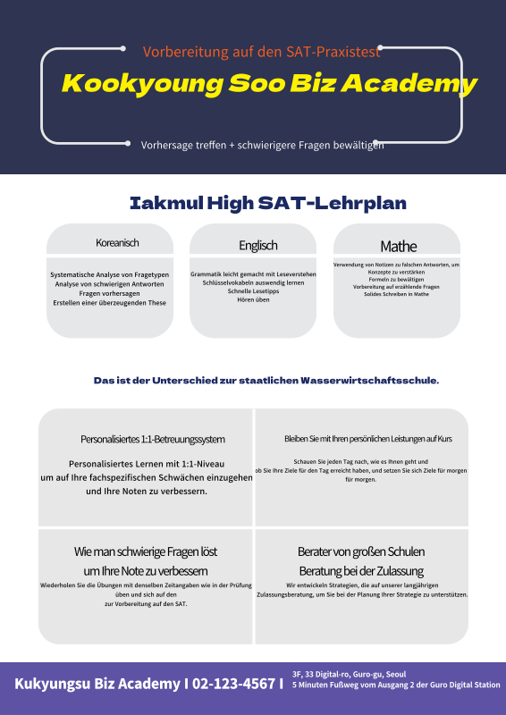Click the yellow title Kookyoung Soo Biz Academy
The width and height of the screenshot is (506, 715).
click(x=269, y=84)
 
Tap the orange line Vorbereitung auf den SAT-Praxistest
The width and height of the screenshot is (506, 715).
click(x=262, y=52)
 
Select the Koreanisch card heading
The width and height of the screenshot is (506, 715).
click(x=117, y=243)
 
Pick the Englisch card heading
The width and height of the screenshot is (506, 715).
click(x=257, y=245)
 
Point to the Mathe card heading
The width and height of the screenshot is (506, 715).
click(x=398, y=246)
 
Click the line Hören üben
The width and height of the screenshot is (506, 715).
click(x=253, y=299)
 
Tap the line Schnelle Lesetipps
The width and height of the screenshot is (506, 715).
click(x=253, y=290)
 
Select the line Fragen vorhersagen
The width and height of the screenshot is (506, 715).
click(x=108, y=293)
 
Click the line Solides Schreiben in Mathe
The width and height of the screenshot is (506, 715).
click(x=396, y=294)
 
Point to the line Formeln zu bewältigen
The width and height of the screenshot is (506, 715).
click(x=396, y=280)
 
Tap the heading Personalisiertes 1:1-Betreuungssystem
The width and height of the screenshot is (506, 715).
click(x=153, y=439)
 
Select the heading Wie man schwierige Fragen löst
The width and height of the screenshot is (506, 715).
click(x=146, y=551)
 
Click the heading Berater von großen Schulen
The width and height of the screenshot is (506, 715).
click(x=361, y=551)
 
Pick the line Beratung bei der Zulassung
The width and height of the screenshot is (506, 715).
click(x=361, y=570)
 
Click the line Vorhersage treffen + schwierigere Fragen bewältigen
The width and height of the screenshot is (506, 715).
click(x=262, y=145)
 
